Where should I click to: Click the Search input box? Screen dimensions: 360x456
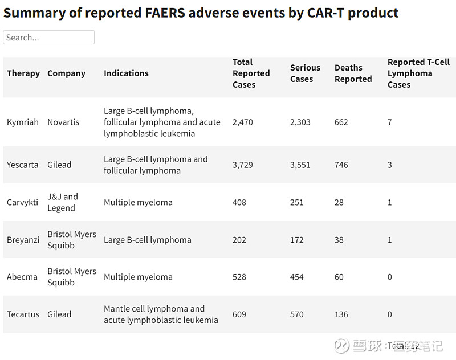[48, 38]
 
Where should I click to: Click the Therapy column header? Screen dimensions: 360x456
[23, 73]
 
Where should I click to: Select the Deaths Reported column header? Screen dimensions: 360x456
[353, 73]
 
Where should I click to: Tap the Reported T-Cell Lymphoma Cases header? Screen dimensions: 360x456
[418, 73]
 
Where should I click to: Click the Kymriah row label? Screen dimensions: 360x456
[22, 122]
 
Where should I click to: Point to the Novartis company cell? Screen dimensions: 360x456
[63, 122]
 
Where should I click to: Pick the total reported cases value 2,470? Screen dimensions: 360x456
[242, 122]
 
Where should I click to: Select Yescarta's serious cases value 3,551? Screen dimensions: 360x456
[300, 165]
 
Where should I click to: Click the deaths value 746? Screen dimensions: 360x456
[341, 165]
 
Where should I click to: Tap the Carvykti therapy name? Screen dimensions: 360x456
[23, 203]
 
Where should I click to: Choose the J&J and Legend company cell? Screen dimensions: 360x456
[63, 202]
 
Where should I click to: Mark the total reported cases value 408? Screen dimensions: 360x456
[239, 203]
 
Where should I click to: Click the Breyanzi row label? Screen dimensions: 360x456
[23, 240]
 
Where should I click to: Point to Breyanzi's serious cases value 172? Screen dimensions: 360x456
[297, 240]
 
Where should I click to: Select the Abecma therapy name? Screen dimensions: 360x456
[22, 277]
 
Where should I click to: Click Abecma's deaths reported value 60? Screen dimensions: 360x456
[339, 277]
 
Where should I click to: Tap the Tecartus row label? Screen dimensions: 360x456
[23, 314]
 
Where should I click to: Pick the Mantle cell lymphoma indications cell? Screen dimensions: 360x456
[161, 314]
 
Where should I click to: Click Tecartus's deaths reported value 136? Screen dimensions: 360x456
[341, 314]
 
